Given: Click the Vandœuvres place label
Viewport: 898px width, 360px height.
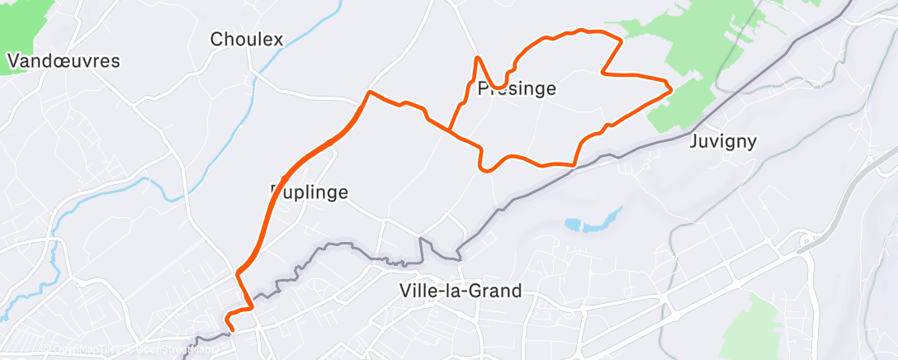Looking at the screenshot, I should pyautogui.click(x=64, y=61).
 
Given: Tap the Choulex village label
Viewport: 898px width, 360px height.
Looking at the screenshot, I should pyautogui.click(x=247, y=39).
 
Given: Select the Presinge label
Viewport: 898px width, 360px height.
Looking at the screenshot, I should pyautogui.click(x=517, y=88).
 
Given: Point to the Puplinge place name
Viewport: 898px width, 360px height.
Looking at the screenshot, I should pyautogui.click(x=310, y=192).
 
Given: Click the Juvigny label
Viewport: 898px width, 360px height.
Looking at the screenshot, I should pyautogui.click(x=722, y=140).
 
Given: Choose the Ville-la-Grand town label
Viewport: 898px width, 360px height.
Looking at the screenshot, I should pyautogui.click(x=460, y=291).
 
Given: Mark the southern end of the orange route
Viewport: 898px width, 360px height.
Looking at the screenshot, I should pyautogui.click(x=231, y=329).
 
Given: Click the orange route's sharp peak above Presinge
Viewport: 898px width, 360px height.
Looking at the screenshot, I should pyautogui.click(x=478, y=57).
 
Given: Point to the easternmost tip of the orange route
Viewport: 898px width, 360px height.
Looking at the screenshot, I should pyautogui.click(x=671, y=88).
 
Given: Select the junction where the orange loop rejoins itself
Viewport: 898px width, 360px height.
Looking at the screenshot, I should pyautogui.click(x=450, y=129).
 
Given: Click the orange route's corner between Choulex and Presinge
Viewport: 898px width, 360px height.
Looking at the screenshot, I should pyautogui.click(x=371, y=92).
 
